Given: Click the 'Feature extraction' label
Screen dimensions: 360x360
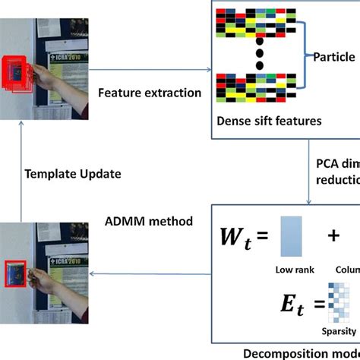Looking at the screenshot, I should point(149,93).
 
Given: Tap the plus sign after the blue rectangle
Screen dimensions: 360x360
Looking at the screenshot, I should point(333,235).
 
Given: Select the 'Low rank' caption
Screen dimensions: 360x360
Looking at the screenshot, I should point(292,270).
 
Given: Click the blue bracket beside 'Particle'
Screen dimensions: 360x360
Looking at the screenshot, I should point(305,55).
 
